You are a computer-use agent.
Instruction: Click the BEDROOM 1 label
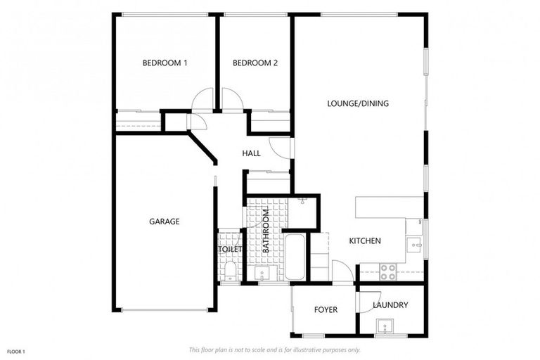165,63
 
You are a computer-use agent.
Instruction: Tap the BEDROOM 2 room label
255,63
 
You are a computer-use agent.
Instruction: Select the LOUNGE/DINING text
358,103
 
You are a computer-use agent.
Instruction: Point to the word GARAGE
164,221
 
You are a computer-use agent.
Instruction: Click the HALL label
251,153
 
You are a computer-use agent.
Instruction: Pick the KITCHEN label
365,241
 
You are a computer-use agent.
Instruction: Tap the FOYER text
326,309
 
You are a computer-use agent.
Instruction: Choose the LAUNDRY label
390,305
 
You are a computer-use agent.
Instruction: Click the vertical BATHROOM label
266,231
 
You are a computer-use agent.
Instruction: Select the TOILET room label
230,249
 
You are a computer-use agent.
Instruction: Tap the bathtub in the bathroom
295,257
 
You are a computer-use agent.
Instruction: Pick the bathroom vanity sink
263,274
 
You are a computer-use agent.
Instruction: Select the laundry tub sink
385,326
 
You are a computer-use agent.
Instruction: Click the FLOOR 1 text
15,351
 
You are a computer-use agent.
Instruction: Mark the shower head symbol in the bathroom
302,202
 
